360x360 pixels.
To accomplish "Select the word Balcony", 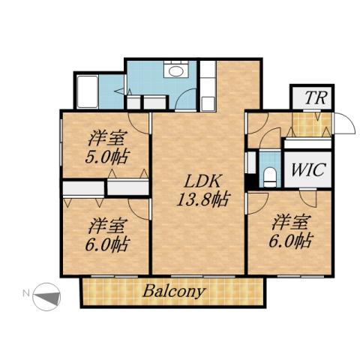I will pyautogui.click(x=173, y=292).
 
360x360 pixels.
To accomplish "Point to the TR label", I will pyautogui.click(x=311, y=98).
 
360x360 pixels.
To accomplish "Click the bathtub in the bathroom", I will pyautogui.click(x=88, y=91).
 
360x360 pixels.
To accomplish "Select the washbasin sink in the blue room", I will pyautogui.click(x=177, y=72).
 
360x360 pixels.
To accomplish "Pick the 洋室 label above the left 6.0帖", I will pyautogui.click(x=106, y=224).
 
